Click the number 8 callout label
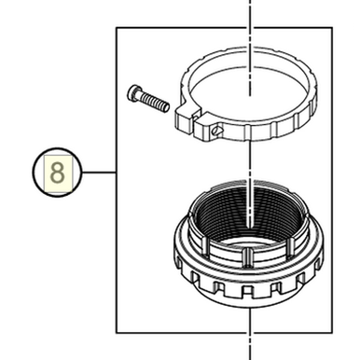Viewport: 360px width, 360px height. coord(58,173)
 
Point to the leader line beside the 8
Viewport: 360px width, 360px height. coord(98,173)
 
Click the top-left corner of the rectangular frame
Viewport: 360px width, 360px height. coord(116,28)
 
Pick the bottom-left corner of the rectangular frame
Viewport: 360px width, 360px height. coord(116,333)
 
